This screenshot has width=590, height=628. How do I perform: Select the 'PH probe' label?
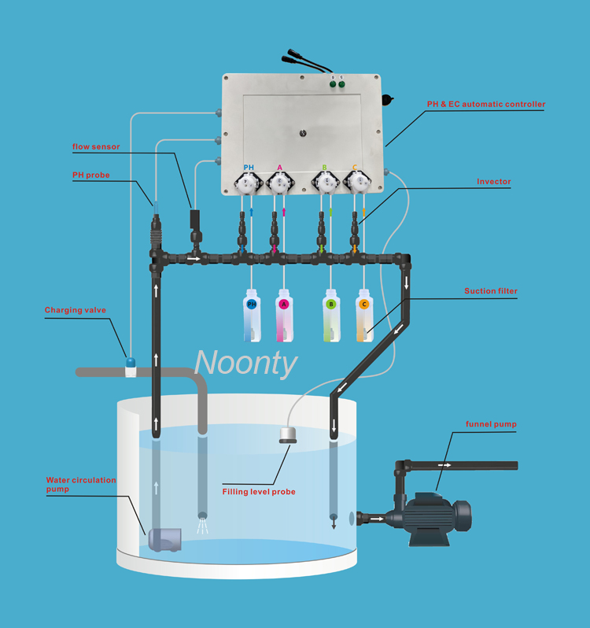[x=91, y=175]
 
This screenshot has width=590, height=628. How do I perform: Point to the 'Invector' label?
[x=494, y=182]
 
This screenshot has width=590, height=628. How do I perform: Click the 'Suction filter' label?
[x=491, y=291]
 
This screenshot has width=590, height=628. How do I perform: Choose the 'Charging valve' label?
[x=74, y=310]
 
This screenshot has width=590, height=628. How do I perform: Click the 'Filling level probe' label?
[x=259, y=492]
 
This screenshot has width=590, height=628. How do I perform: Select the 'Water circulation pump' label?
[x=80, y=484]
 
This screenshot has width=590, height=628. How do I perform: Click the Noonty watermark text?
[x=246, y=363]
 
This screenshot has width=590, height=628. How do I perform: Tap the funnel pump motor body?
[x=433, y=517]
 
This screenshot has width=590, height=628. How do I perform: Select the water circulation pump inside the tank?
[x=164, y=539]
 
